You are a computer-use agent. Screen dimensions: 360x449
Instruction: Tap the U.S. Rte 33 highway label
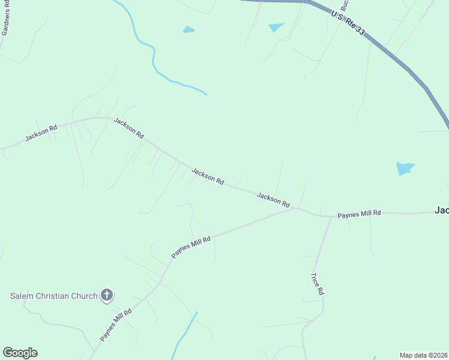point(348,22)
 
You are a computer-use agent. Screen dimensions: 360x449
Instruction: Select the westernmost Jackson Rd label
point(41,133)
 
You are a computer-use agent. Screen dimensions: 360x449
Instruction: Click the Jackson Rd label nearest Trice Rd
point(273,199)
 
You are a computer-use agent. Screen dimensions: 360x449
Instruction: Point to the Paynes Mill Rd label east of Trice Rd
point(359,214)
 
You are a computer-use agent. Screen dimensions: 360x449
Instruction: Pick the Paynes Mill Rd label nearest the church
point(116,324)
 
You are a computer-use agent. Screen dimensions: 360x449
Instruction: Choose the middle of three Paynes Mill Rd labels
point(191,247)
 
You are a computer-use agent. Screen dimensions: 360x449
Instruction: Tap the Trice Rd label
point(317,283)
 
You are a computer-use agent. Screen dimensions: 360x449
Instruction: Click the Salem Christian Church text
point(54,296)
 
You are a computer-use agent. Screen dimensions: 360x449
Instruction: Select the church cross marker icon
point(107,295)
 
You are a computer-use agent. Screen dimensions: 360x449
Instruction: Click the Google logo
point(20,353)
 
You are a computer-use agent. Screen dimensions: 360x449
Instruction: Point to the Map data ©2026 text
point(423,355)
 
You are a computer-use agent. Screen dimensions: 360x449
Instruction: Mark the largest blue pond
point(405,169)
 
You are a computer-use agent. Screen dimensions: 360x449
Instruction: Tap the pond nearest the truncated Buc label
point(277,27)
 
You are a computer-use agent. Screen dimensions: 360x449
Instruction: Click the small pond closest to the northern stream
point(189,29)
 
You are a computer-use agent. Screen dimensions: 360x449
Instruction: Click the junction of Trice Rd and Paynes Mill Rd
point(331,216)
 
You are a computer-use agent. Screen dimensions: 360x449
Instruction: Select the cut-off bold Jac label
point(441,211)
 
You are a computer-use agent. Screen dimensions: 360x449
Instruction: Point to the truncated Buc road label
point(345,5)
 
